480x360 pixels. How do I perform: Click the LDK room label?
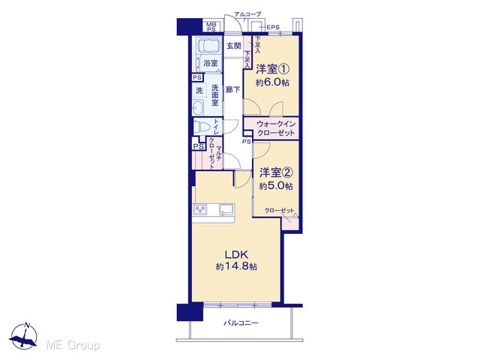tap(236, 255)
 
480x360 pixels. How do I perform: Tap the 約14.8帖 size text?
tap(236, 267)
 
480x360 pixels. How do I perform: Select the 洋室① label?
tap(272, 70)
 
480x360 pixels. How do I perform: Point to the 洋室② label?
tap(276, 173)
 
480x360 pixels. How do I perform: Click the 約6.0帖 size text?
tap(272, 82)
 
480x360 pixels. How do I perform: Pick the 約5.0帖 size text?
tap(276, 186)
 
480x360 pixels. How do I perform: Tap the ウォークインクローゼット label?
tap(276, 128)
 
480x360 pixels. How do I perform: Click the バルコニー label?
tap(241, 323)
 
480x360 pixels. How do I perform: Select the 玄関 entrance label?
tap(233, 46)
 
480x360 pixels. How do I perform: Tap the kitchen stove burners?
tap(201, 210)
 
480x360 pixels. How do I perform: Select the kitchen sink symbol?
tap(226, 210)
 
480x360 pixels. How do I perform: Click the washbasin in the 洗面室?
tap(198, 107)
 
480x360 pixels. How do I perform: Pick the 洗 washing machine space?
tap(199, 91)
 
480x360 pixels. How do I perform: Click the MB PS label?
tap(211, 27)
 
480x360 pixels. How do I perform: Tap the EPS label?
tap(273, 27)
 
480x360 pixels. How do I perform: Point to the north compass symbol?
tap(23, 335)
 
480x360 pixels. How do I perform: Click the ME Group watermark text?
tap(73, 346)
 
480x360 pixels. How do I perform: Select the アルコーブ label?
tap(247, 14)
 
